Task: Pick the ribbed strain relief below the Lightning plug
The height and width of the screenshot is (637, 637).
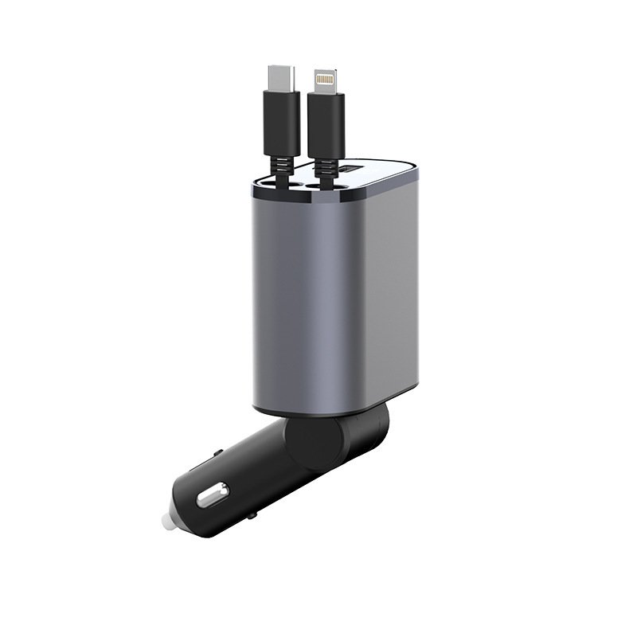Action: [x=325, y=163]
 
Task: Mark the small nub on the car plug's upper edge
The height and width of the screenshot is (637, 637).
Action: [x=218, y=453]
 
